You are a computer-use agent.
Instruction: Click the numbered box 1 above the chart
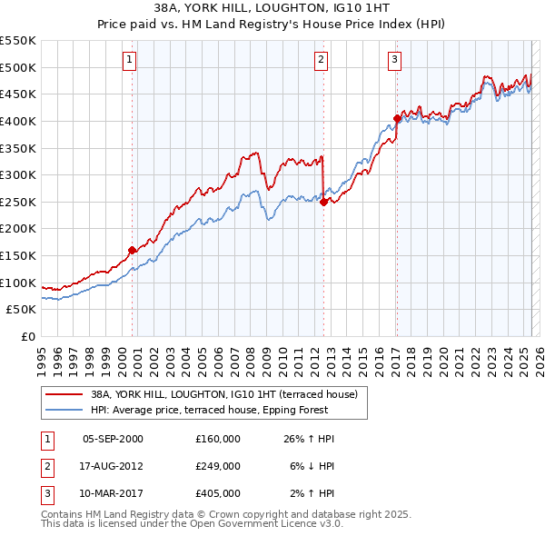(131, 61)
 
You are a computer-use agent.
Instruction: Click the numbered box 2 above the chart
(322, 61)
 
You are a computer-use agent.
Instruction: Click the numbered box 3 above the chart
(395, 61)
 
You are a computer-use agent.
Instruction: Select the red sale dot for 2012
(323, 203)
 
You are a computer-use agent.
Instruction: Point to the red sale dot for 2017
(397, 118)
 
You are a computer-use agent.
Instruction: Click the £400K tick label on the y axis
(18, 121)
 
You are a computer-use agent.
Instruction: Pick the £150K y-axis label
(18, 255)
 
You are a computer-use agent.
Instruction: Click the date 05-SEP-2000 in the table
(113, 439)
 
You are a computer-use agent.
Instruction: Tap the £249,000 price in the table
(217, 466)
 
